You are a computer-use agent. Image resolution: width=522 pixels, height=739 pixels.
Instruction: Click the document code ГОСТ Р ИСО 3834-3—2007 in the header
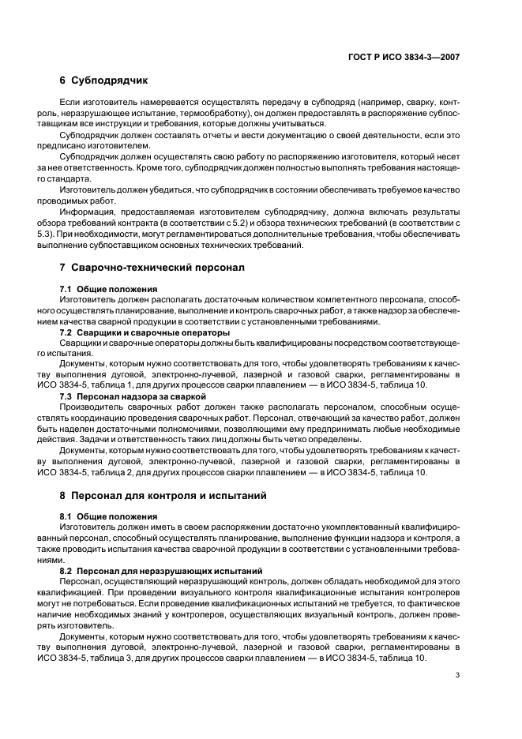coord(404,58)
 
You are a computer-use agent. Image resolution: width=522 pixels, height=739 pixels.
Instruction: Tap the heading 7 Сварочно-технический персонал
coord(152,268)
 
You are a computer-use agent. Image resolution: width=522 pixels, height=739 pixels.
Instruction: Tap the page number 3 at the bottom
coord(457,674)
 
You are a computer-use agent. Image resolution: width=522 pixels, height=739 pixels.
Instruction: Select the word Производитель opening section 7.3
coord(94,406)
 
